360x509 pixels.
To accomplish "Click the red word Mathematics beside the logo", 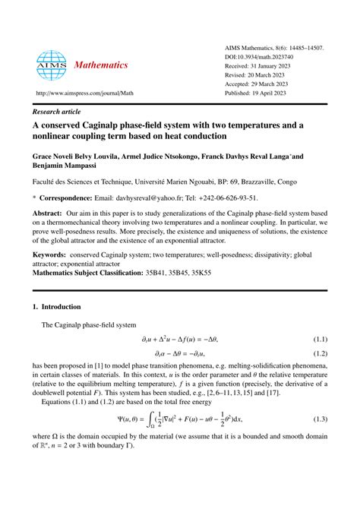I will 101,65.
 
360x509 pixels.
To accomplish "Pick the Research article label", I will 58,109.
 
